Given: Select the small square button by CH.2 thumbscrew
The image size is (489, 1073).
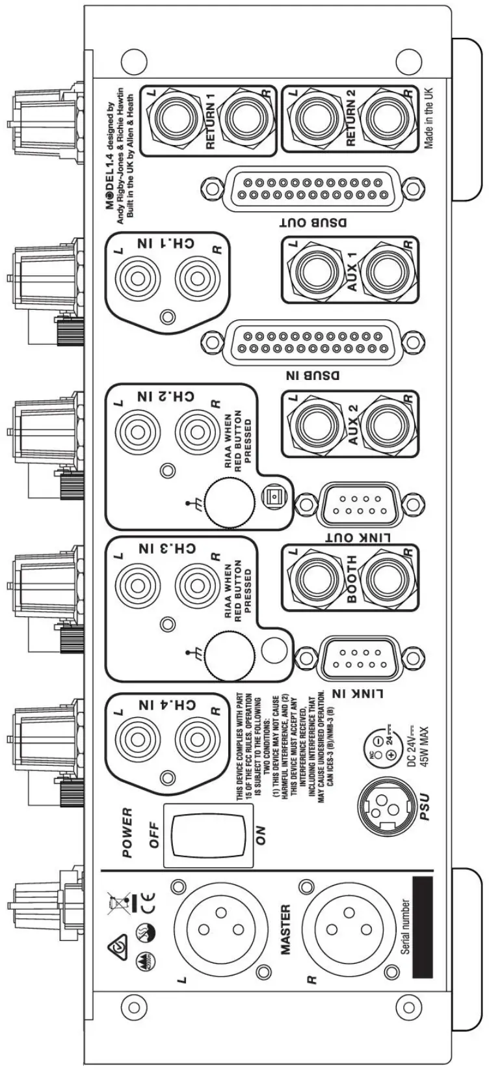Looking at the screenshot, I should [x=273, y=498].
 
